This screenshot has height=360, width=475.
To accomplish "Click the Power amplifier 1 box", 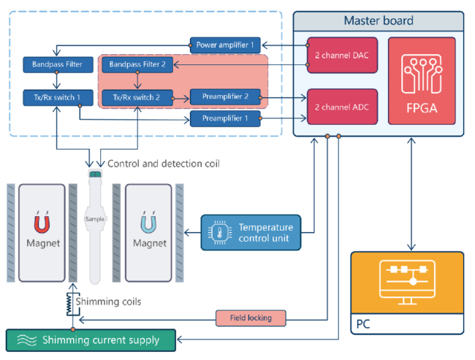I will click(x=225, y=45).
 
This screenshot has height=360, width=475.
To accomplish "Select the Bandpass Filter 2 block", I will click(x=137, y=66).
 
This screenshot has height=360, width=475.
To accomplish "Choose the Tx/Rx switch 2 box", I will click(x=137, y=96).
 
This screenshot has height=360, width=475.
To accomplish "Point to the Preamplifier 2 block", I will click(x=225, y=96).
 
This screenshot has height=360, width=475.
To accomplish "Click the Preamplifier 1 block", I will click(x=225, y=118).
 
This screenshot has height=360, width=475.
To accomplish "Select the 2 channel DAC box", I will click(x=342, y=55).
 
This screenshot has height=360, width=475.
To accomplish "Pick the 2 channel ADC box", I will click(x=342, y=107).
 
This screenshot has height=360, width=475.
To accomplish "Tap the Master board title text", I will click(x=378, y=20).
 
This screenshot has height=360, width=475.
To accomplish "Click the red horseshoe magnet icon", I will click(x=42, y=221).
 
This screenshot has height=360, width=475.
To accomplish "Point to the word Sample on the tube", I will click(x=95, y=218).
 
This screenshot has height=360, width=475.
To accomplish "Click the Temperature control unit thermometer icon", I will click(x=218, y=233).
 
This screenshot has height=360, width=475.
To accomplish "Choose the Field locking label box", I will click(x=250, y=318).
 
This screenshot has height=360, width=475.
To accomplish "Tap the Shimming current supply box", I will click(x=92, y=340).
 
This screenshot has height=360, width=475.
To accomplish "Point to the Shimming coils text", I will click(x=109, y=302).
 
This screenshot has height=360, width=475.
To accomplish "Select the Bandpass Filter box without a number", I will click(x=58, y=66).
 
